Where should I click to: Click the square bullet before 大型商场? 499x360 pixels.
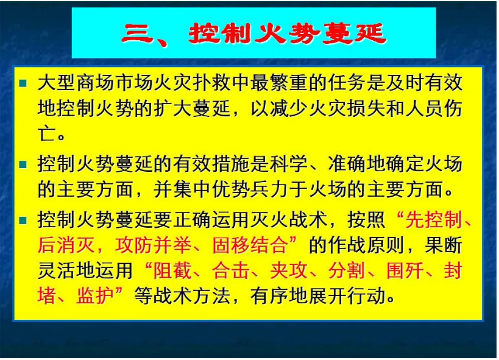[x=23, y=83]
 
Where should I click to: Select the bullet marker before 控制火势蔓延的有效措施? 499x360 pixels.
[x=23, y=165]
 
